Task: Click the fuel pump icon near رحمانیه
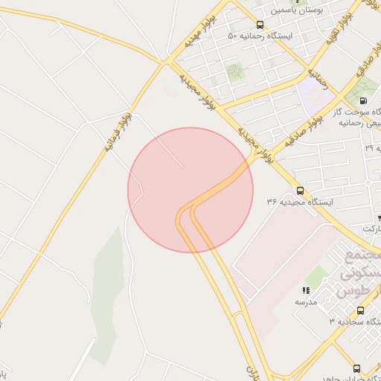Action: tap(362, 100)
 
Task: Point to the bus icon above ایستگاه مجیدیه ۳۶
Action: tap(300, 190)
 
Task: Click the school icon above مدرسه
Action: tap(305, 290)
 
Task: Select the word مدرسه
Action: tap(305, 301)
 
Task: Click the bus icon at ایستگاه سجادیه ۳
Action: tap(360, 310)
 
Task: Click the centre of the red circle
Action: tap(190, 190)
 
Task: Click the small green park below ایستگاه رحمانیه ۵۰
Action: tap(235, 72)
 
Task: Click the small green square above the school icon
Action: tap(316, 276)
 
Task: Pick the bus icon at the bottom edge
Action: tap(356, 368)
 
